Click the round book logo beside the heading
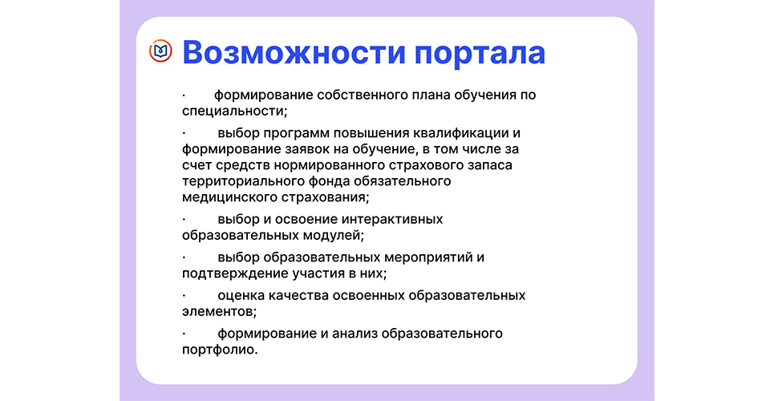click(160, 51)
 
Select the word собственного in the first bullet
click(361, 95)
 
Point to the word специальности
click(233, 111)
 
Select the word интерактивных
click(392, 219)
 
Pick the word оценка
click(241, 296)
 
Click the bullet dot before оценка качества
click(184, 296)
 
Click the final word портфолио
click(220, 350)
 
